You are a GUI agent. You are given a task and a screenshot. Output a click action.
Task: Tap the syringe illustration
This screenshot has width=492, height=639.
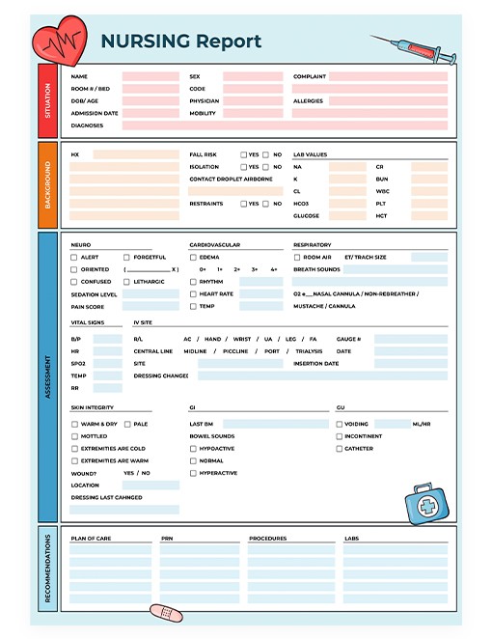(x=406, y=49)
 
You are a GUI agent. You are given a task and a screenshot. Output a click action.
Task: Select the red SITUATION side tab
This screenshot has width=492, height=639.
(x=48, y=99)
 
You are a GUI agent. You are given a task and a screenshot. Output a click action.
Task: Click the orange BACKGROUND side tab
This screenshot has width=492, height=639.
(x=48, y=185)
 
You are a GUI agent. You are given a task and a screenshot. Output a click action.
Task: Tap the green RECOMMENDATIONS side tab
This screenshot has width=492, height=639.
(x=48, y=569)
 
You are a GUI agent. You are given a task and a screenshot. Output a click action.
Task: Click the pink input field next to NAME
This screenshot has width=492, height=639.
(x=150, y=76)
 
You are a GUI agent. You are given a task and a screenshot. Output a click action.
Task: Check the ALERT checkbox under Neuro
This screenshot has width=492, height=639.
(x=74, y=258)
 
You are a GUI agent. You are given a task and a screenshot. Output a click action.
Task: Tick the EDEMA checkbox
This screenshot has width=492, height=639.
(x=193, y=258)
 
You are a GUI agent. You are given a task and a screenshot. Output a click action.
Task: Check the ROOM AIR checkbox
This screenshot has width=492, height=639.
(x=297, y=258)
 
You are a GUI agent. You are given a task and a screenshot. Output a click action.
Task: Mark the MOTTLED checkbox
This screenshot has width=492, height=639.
(x=74, y=436)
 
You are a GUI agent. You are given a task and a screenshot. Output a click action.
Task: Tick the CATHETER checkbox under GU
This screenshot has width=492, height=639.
(x=339, y=449)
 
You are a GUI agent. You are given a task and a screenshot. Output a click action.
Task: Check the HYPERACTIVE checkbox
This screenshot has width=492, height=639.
(x=193, y=474)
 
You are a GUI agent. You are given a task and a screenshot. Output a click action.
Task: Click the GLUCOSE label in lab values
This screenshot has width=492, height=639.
(x=306, y=216)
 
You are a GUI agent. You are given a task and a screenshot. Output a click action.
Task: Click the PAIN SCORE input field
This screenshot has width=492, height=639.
(x=150, y=307)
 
